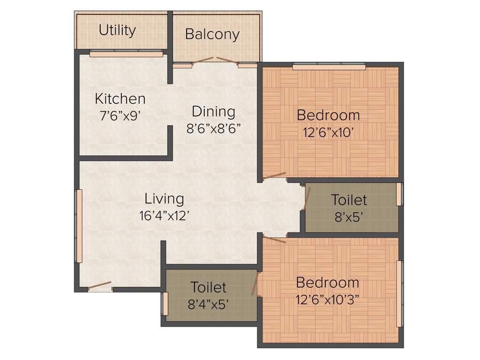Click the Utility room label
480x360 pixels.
coord(117,30)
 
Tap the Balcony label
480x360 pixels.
coord(212,34)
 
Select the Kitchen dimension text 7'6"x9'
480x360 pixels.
coord(120,115)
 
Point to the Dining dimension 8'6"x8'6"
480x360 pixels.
coord(213,128)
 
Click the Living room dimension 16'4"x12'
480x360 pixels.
coord(164,215)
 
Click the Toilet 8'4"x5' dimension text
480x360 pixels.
coord(208,304)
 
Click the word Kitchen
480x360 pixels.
coord(120,99)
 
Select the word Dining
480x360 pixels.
coord(213,112)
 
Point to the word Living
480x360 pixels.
coord(164,198)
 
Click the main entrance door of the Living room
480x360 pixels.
coord(99,286)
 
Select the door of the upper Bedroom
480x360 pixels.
coord(274,177)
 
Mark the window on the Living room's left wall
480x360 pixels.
coord(80,226)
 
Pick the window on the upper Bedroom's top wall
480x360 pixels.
coord(329,67)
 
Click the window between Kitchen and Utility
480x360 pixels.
coord(126,54)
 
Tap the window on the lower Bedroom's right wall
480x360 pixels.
coord(399,293)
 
